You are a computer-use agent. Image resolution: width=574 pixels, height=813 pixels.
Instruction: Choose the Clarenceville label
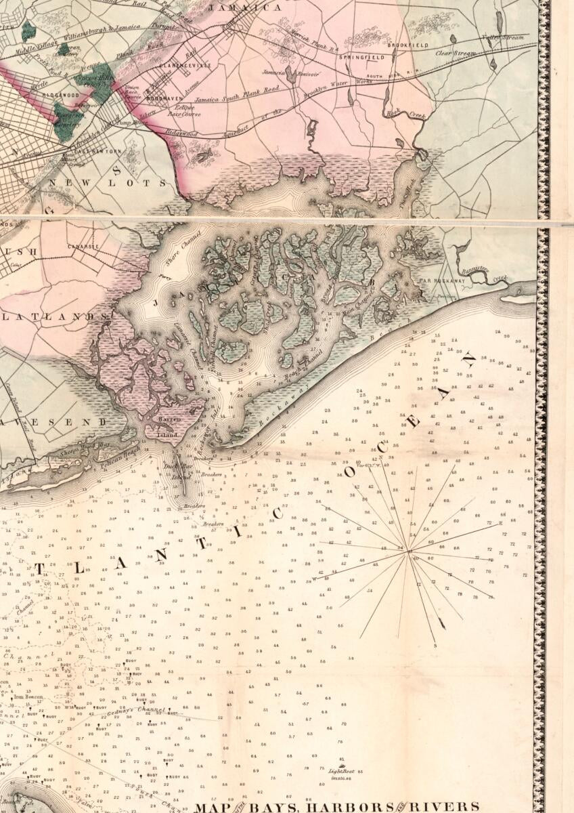186,66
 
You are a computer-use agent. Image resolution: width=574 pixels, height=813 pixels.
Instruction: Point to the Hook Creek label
405,115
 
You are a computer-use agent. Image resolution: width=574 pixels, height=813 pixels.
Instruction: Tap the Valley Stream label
503,38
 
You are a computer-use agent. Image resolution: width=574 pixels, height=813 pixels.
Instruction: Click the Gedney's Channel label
141,710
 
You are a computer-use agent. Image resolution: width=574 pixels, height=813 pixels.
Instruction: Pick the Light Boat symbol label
342,770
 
